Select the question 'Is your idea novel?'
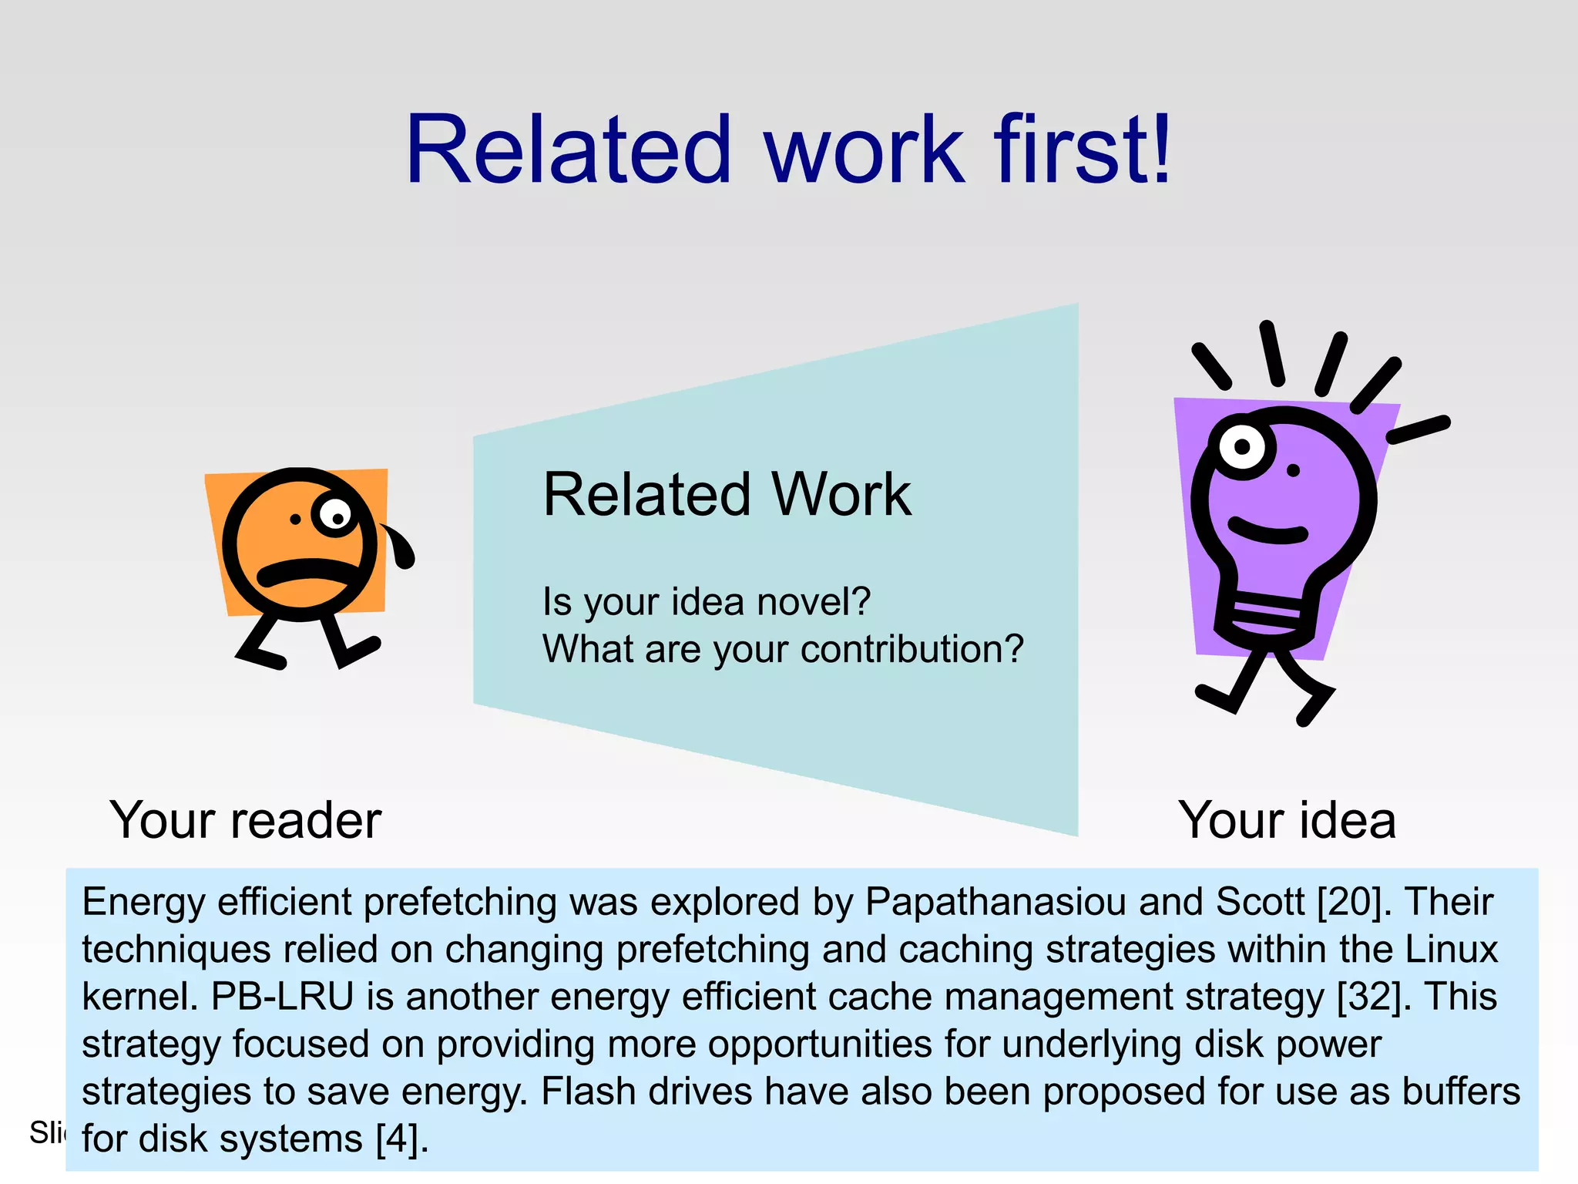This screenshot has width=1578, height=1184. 706,602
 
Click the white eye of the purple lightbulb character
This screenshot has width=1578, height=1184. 1241,446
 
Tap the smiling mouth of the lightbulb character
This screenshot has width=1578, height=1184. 1267,531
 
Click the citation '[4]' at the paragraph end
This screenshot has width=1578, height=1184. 400,1139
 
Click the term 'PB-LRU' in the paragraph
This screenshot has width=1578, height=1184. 282,997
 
